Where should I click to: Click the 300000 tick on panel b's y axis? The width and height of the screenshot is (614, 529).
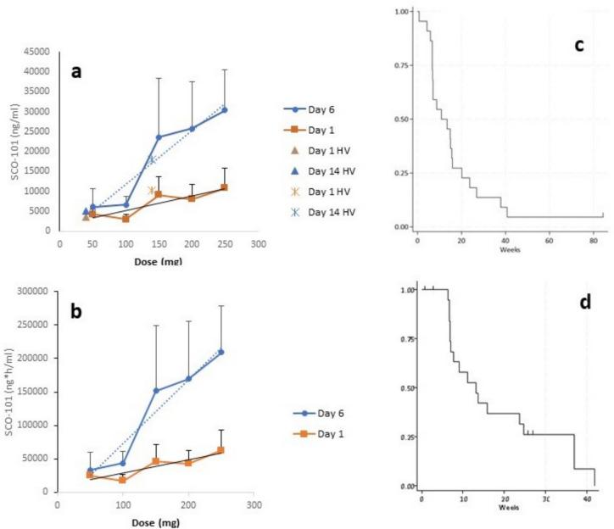pos(34,291)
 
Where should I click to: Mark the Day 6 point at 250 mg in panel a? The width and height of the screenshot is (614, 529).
pos(224,109)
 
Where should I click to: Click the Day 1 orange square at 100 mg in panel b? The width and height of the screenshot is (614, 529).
pos(123,480)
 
